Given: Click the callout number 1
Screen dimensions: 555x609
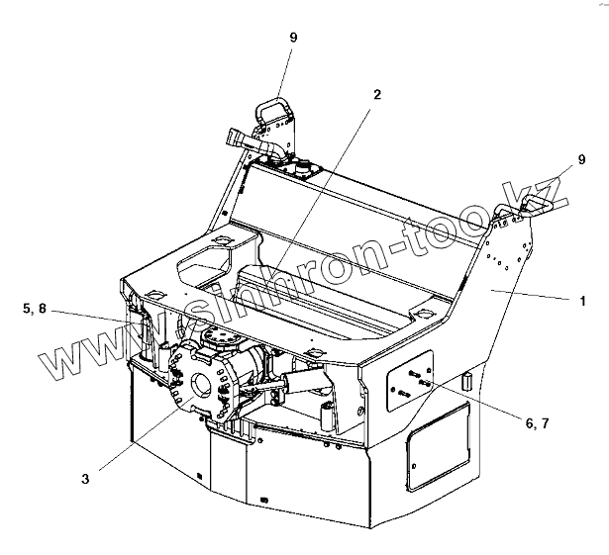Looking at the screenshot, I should (x=585, y=299).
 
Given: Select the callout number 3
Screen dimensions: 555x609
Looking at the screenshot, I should (x=85, y=478).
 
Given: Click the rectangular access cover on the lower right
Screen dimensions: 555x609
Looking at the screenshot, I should (x=441, y=451).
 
